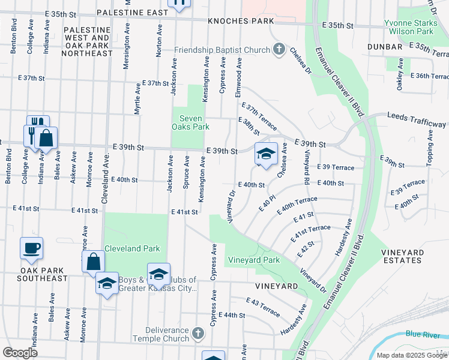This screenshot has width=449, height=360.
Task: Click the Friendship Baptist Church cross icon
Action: pyautogui.click(x=279, y=50)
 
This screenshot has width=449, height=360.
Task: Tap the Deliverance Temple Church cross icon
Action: pyautogui.click(x=199, y=332)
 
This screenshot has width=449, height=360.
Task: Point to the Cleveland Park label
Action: pyautogui.click(x=132, y=248)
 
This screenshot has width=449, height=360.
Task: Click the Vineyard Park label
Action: pyautogui.click(x=253, y=260)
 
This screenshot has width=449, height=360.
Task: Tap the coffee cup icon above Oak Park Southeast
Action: pyautogui.click(x=31, y=248)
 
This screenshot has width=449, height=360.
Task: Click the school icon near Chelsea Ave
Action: pyautogui.click(x=266, y=154)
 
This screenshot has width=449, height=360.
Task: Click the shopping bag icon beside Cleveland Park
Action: pyautogui.click(x=93, y=262)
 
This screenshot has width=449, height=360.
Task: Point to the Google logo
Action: pyautogui.click(x=20, y=352)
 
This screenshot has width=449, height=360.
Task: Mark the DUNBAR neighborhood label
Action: pyautogui.click(x=386, y=47)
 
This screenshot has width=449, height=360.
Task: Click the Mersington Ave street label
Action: pyautogui.click(x=127, y=46)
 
